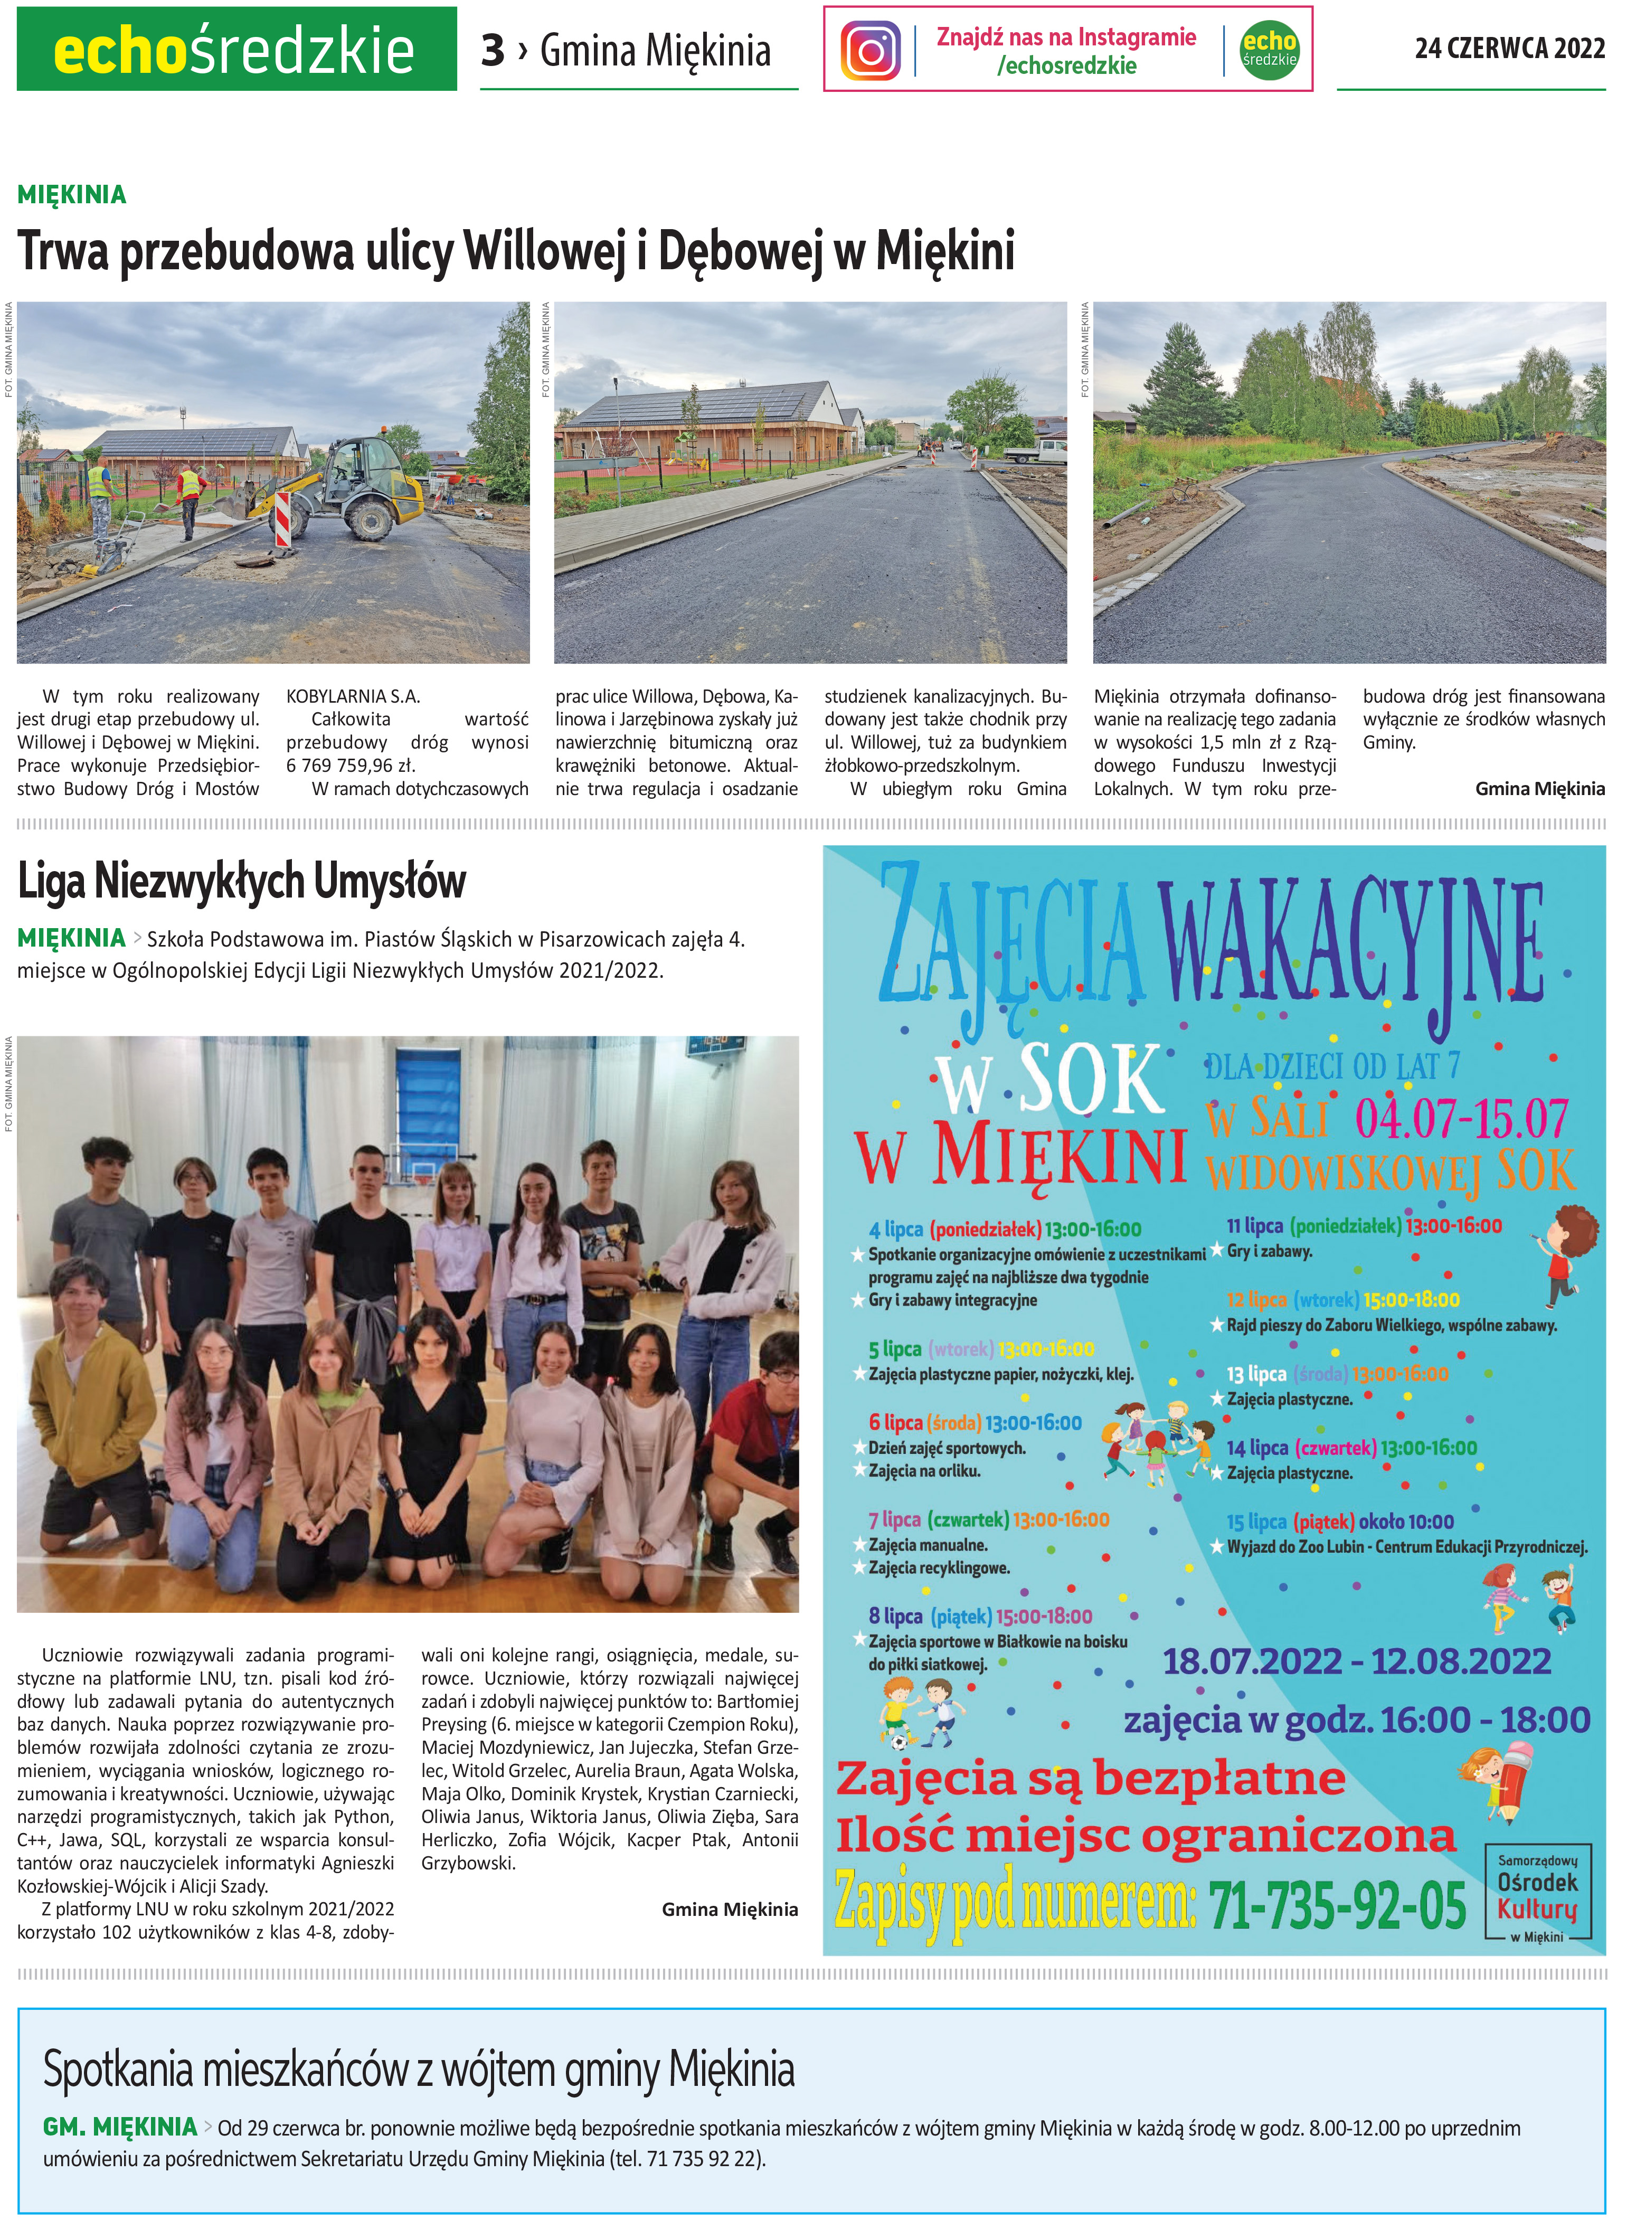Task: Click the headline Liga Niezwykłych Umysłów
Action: tap(242, 880)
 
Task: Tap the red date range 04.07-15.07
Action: tap(1461, 1119)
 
